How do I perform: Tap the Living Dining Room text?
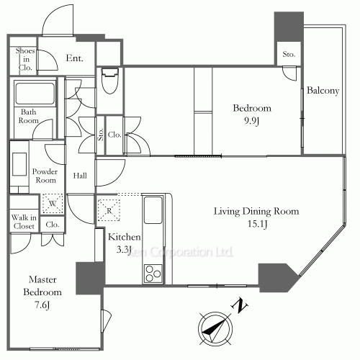tap(255, 212)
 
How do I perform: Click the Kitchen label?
tap(124, 237)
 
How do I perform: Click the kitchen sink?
tap(155, 210)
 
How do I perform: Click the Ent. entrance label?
tap(73, 58)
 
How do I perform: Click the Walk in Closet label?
tap(24, 222)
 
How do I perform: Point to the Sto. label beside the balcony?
tap(289, 53)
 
